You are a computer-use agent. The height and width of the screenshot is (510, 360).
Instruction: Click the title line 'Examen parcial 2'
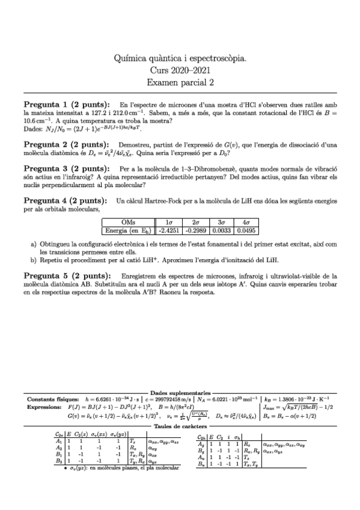point(180,82)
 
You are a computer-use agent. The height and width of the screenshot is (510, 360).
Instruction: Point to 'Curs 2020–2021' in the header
point(180,70)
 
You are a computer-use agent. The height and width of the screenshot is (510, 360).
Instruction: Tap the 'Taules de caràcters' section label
point(180,426)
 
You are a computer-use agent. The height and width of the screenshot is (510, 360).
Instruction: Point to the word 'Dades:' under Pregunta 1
point(33,129)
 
